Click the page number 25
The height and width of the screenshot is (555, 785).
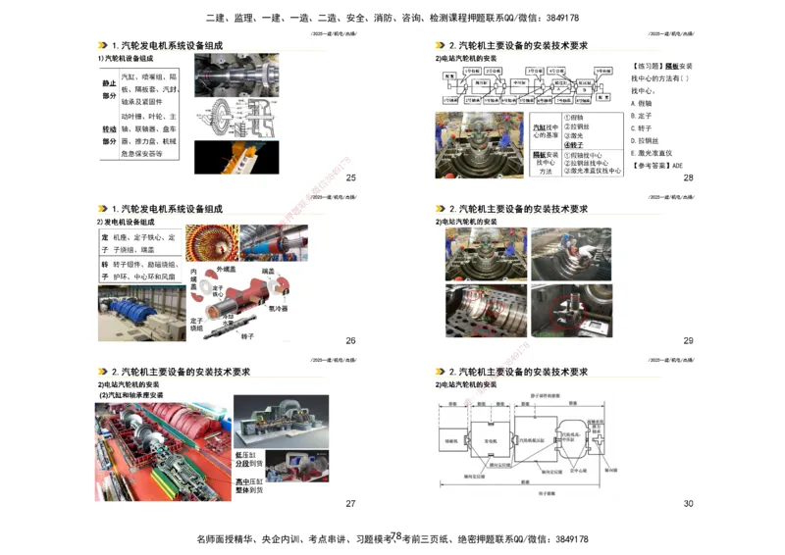click(350, 177)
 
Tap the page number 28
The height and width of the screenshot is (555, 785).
click(688, 177)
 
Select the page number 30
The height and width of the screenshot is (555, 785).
click(688, 503)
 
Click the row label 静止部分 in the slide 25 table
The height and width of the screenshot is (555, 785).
click(108, 90)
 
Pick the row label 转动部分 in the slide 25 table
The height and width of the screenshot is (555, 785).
click(108, 135)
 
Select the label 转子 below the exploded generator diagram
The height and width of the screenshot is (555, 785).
click(248, 335)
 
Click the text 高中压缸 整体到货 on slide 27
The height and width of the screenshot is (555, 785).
click(248, 487)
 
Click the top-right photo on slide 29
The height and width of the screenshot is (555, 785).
click(570, 254)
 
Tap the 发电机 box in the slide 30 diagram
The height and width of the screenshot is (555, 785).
click(491, 442)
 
